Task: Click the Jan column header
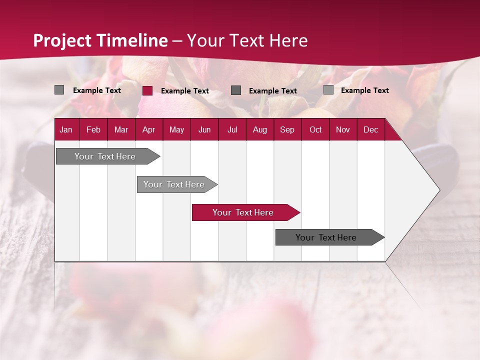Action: pos(66,129)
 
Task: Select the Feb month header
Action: pos(93,129)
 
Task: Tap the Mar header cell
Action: pos(121,129)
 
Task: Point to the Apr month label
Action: pos(148,129)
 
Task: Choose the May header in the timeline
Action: pos(176,129)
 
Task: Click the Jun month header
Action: pos(204,129)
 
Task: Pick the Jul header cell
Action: pos(232,129)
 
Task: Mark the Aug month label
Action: pos(259,129)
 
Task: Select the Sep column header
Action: pos(287,129)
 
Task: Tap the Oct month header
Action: pos(315,129)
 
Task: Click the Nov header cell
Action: pos(343,129)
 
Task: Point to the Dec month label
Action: pos(370,129)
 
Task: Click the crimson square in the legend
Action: pos(147,90)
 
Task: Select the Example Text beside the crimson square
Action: pos(184,90)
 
